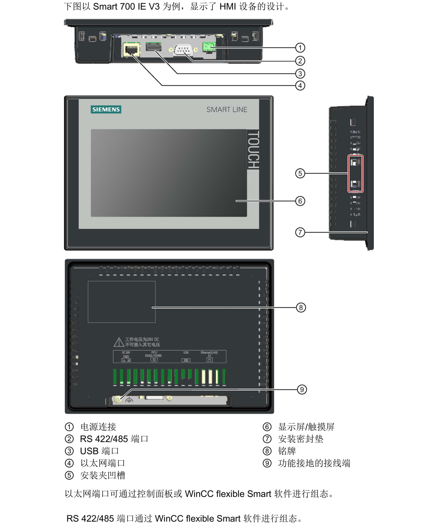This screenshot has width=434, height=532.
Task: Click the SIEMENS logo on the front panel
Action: click(x=106, y=110)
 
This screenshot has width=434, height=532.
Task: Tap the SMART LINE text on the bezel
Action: click(x=227, y=110)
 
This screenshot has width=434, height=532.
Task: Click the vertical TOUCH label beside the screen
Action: click(x=253, y=149)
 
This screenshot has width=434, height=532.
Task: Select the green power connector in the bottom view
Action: click(x=209, y=48)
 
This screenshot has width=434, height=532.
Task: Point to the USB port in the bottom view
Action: click(x=153, y=47)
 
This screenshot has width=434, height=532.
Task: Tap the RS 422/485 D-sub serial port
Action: click(x=183, y=50)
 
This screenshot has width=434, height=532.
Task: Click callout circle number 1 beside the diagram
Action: click(x=300, y=48)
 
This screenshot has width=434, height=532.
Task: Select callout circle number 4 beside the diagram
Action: click(x=300, y=85)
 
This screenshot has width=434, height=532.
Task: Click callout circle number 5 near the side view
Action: click(x=300, y=173)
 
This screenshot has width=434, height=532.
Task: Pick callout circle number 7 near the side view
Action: click(x=300, y=232)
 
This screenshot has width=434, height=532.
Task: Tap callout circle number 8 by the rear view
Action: click(x=301, y=308)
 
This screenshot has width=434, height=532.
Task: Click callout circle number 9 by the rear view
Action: click(x=302, y=389)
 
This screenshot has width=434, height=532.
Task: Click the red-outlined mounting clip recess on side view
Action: click(x=355, y=173)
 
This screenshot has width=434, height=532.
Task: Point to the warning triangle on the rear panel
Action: click(x=119, y=342)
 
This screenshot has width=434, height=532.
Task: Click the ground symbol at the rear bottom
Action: click(x=129, y=400)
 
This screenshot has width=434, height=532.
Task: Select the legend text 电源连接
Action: click(x=98, y=427)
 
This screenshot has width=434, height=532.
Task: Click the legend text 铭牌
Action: click(x=287, y=451)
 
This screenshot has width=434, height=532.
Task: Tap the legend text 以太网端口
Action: click(x=102, y=463)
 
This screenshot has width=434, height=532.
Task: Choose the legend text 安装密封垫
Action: click(x=300, y=439)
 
